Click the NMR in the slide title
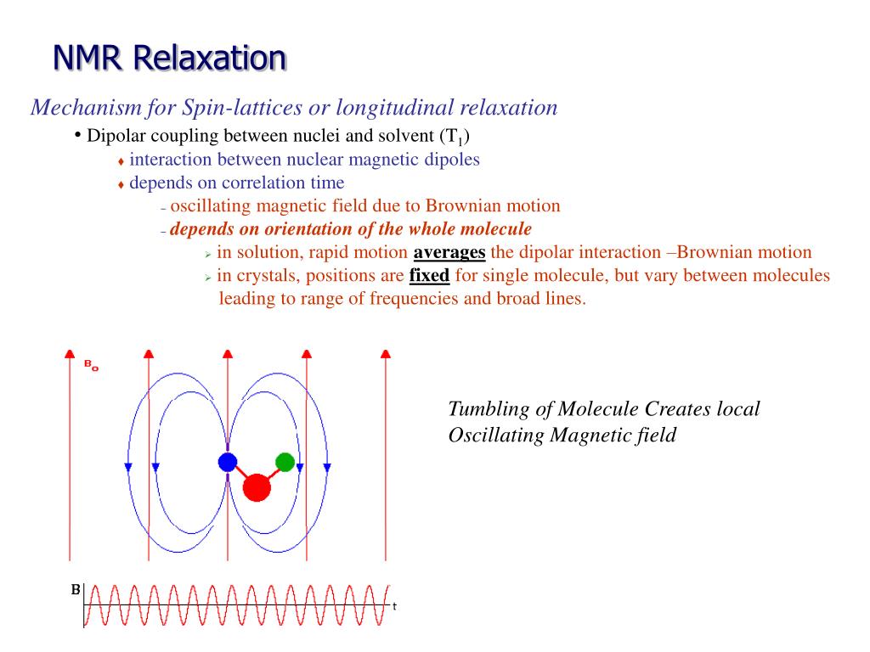(89, 58)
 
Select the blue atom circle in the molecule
(227, 462)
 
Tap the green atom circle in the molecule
(285, 462)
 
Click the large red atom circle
(256, 487)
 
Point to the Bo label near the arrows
(90, 366)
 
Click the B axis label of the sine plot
(75, 588)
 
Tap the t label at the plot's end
(394, 606)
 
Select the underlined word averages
(449, 252)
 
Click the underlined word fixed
(429, 275)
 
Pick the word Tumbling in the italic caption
(487, 408)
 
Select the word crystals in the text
(263, 275)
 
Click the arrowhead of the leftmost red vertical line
(71, 352)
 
